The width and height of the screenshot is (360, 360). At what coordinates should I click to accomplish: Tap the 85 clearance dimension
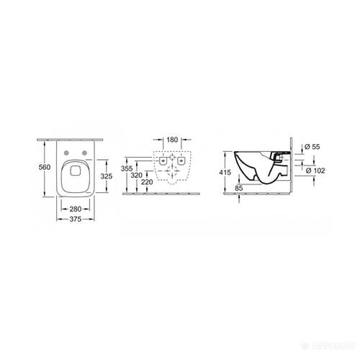tap(240, 187)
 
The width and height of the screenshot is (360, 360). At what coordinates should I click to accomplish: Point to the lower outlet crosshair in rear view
tap(172, 173)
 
